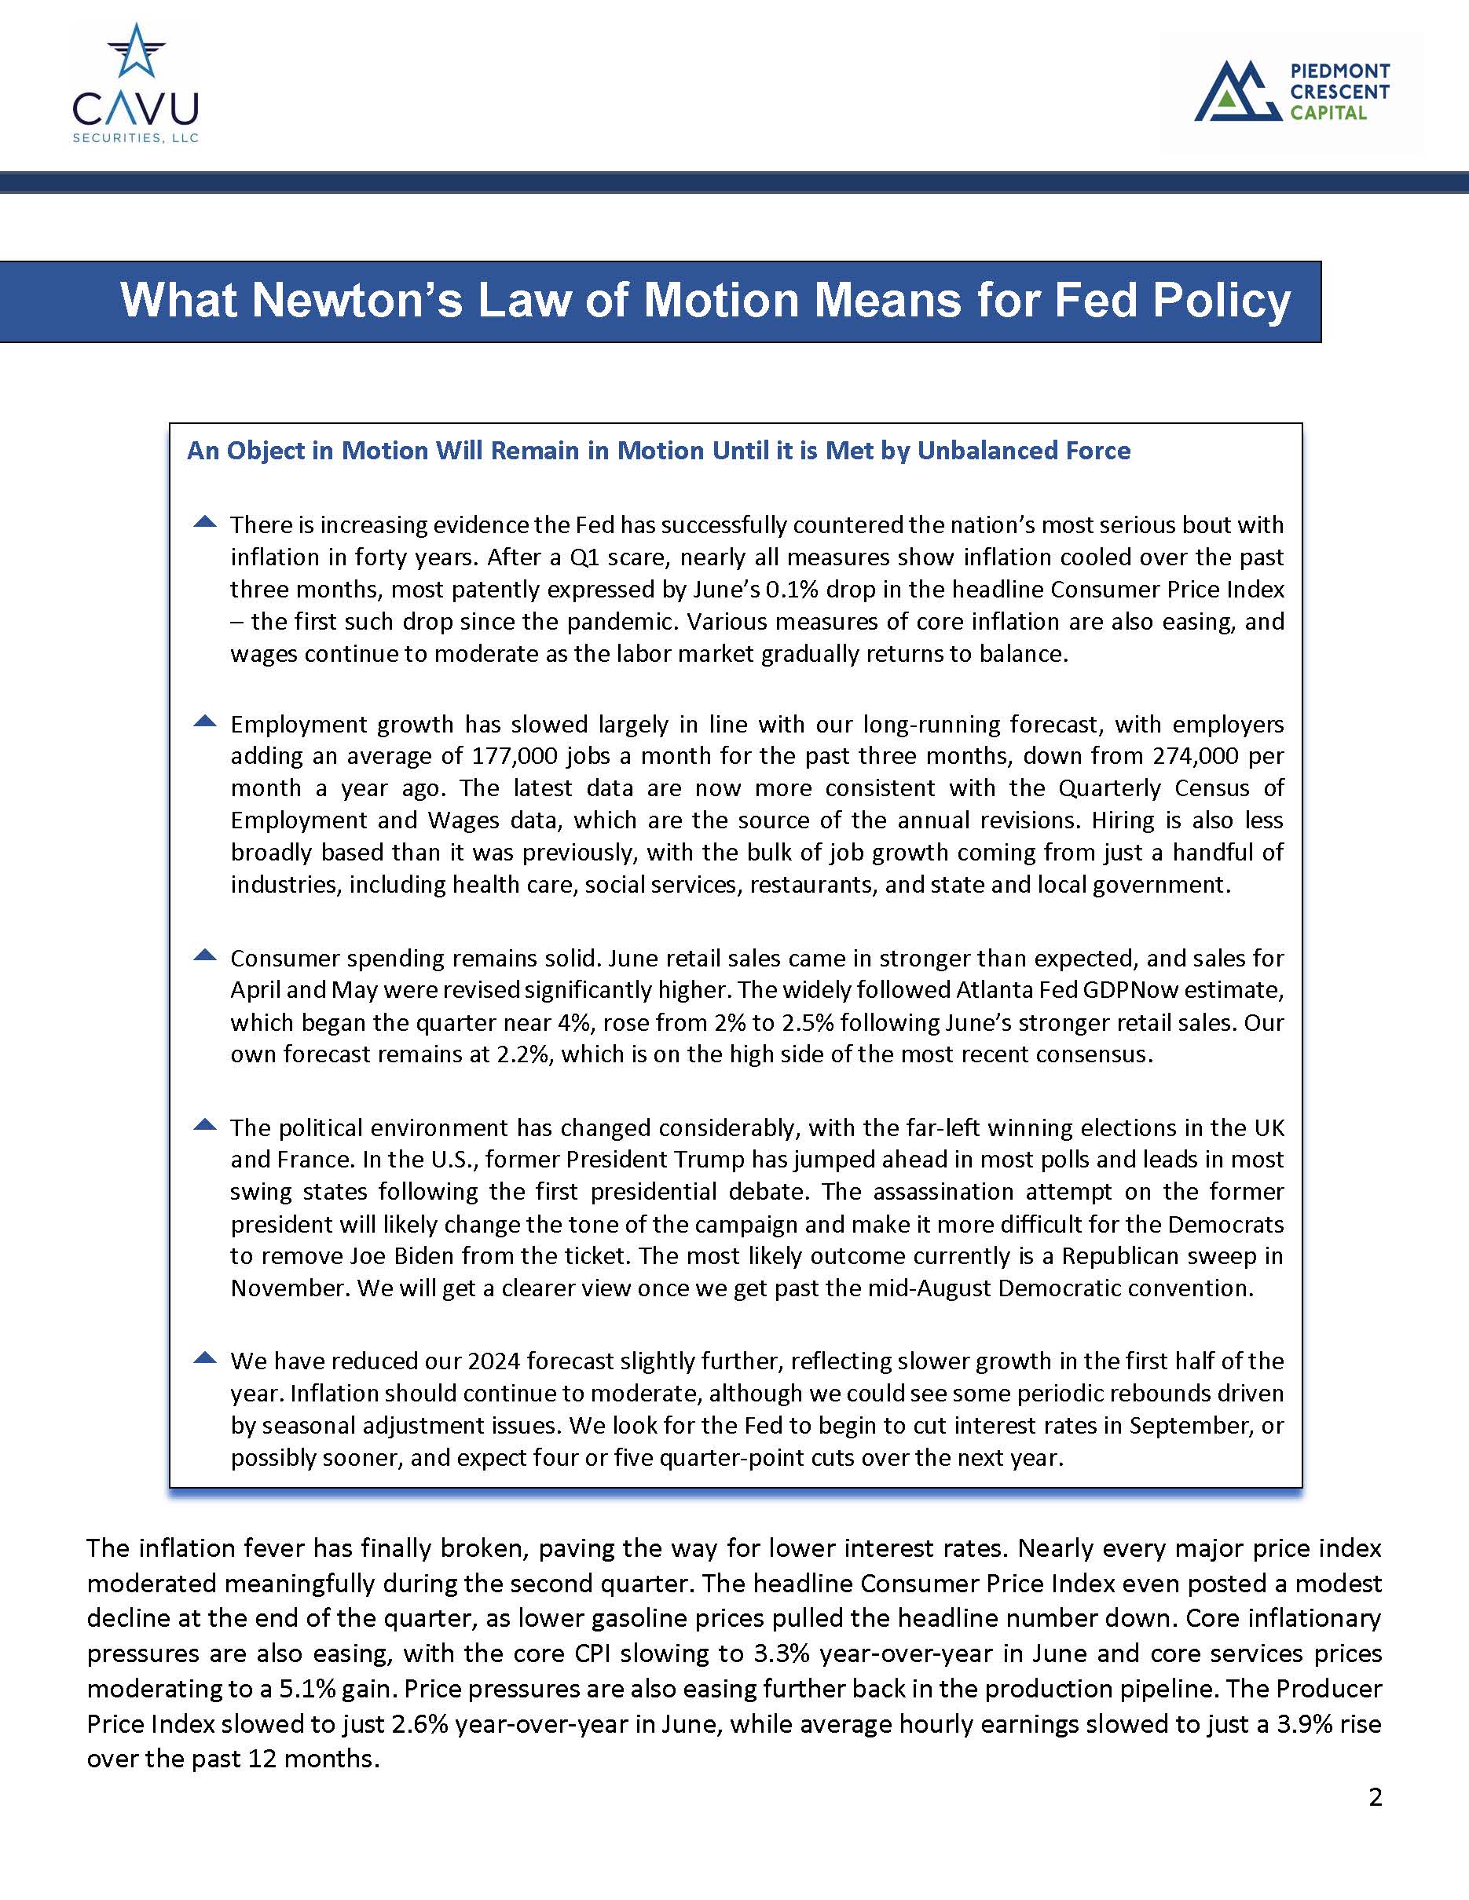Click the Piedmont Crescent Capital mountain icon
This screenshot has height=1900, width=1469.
coord(1237,90)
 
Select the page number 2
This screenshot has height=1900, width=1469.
coord(1375,1796)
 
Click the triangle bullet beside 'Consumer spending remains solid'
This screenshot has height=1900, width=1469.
coord(204,955)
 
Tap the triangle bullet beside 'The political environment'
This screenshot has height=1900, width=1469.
coord(204,1125)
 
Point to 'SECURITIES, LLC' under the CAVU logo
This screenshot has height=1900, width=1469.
coord(136,137)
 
